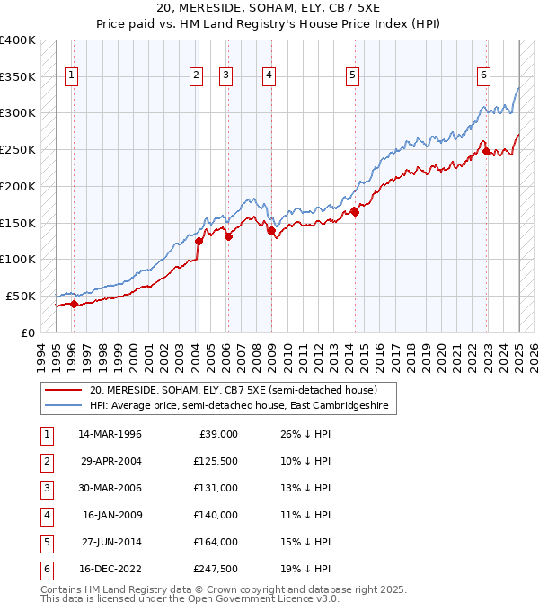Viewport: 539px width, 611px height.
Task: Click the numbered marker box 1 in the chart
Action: coord(71,76)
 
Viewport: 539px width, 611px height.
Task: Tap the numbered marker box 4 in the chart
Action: coord(269,76)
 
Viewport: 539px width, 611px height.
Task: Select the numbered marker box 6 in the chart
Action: coord(483,76)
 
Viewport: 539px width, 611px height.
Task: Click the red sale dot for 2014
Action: coord(355,212)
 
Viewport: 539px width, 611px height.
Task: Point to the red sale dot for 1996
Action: coord(74,304)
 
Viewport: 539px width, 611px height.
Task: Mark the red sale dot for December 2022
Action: coord(486,151)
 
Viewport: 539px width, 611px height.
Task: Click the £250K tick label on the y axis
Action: coord(18,150)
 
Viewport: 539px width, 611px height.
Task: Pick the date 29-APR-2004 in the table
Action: coord(110,462)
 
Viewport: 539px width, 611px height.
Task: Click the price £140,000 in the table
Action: coord(216,514)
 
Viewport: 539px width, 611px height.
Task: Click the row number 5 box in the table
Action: coord(46,541)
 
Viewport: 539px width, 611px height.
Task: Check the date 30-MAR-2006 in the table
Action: coord(110,488)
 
